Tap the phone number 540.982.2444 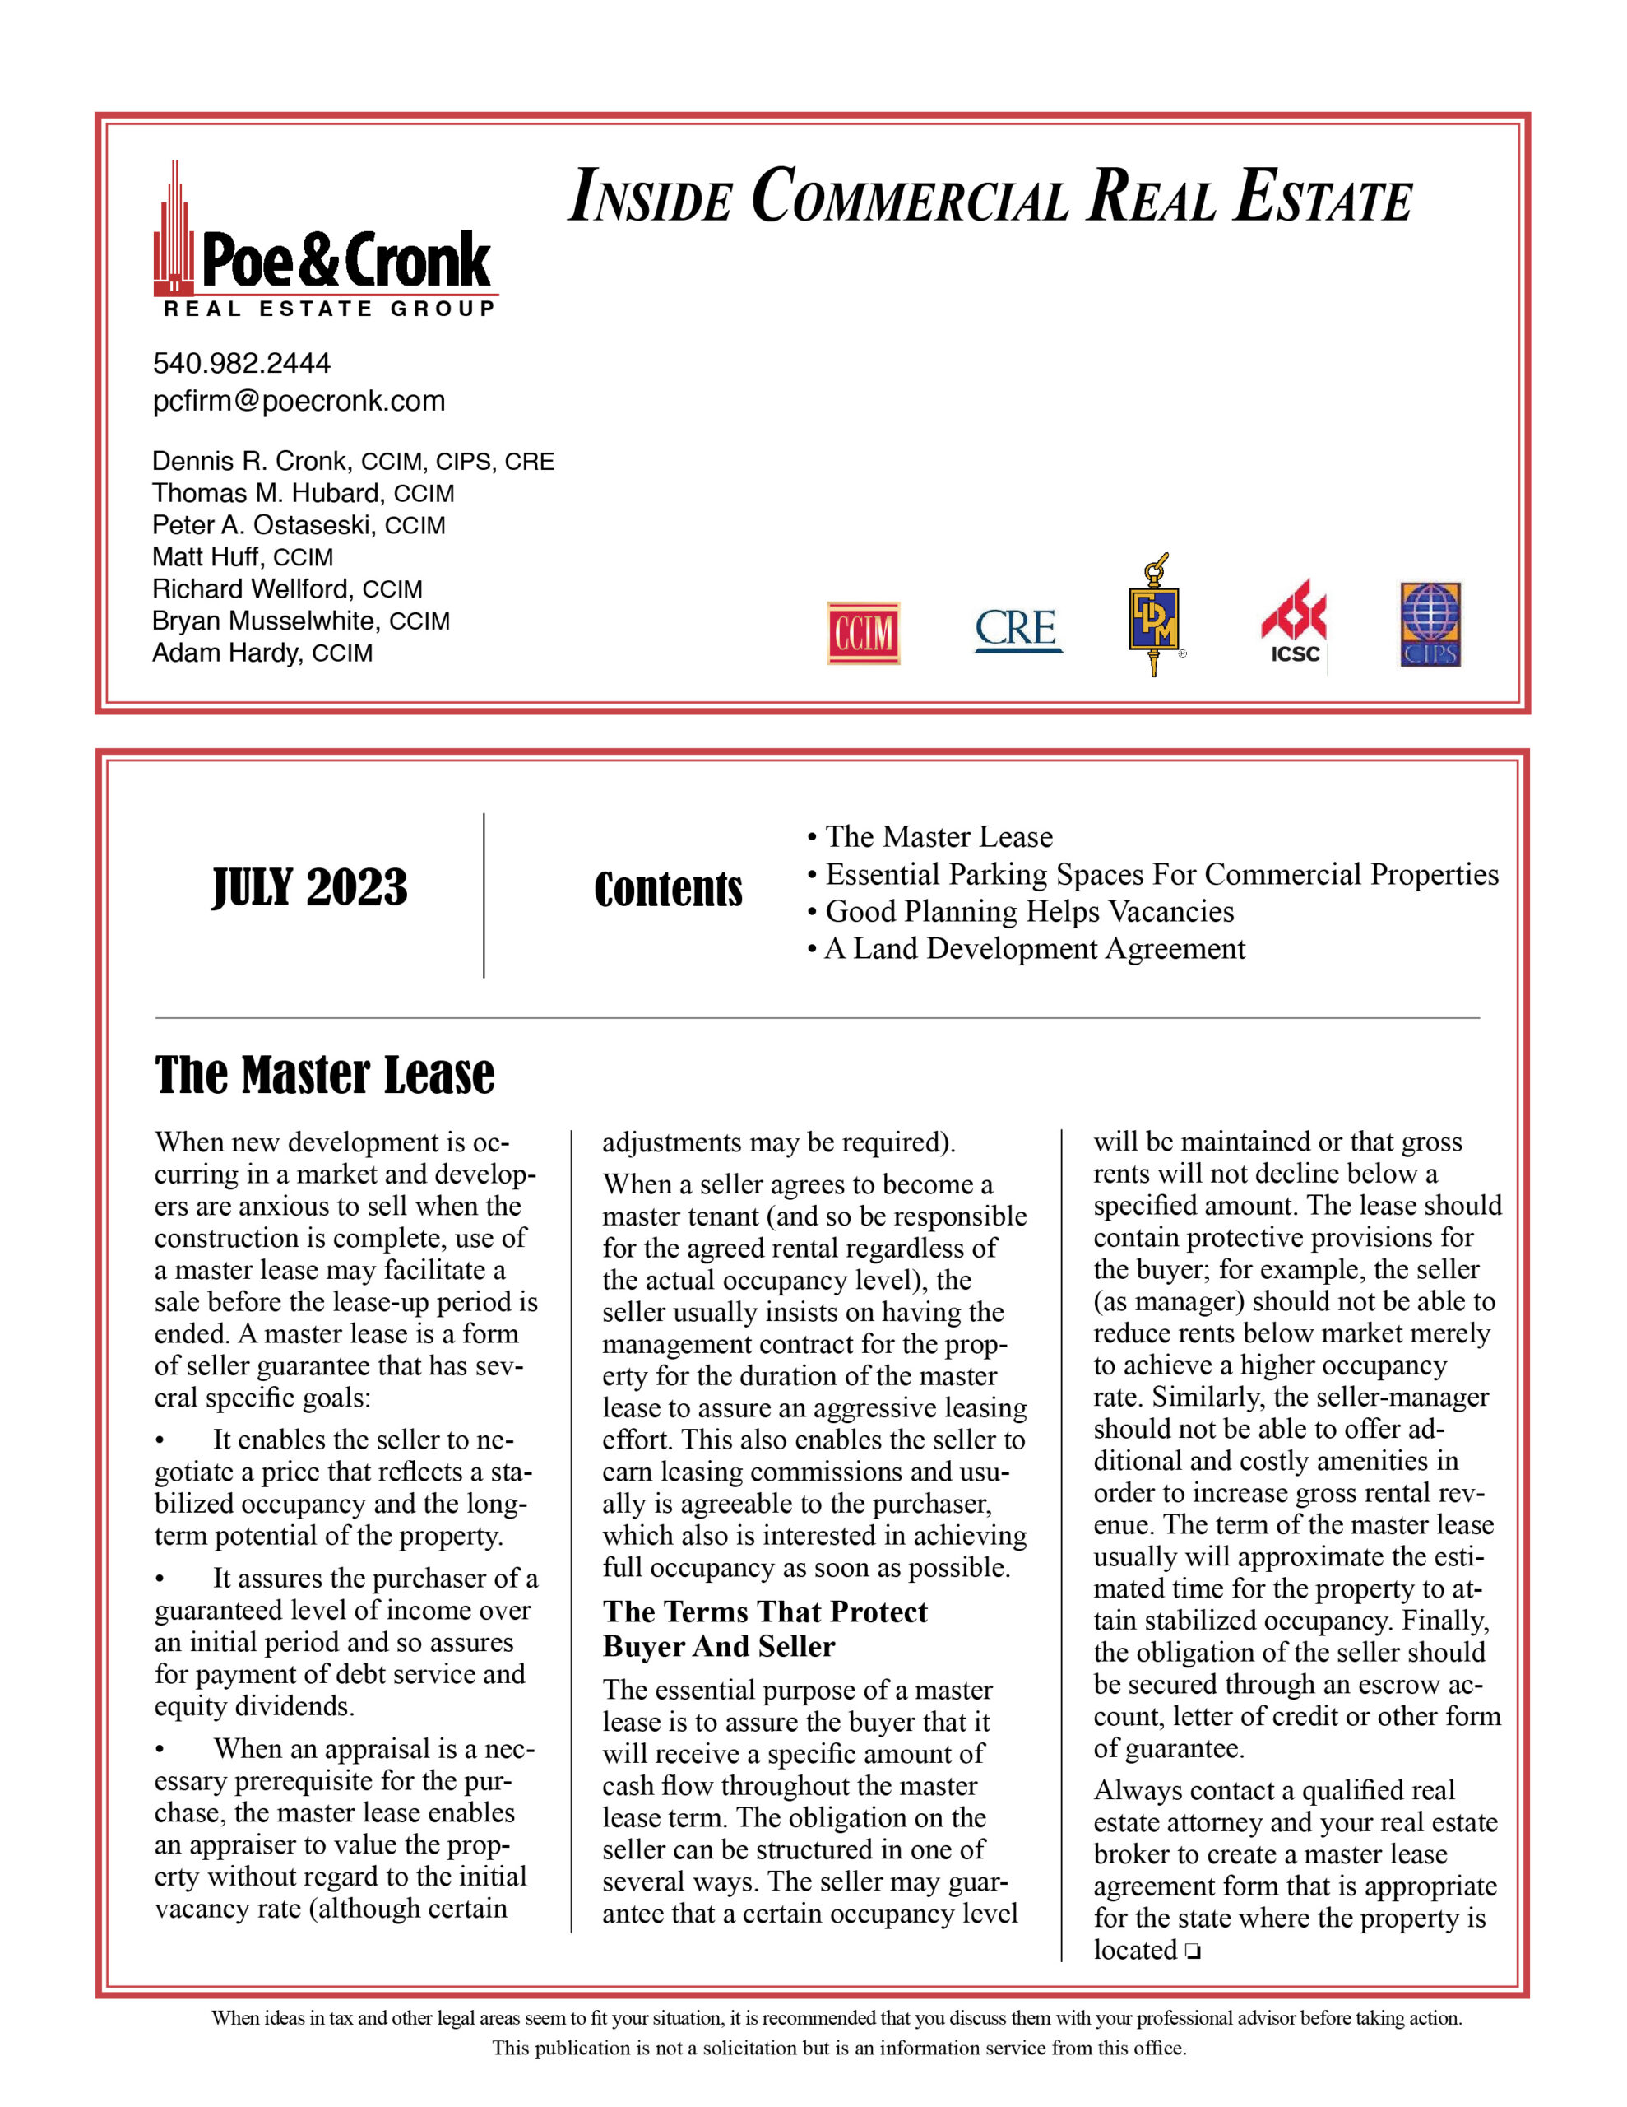(241, 364)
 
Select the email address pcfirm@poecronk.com (299, 402)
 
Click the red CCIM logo (863, 633)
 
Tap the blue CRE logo (1017, 629)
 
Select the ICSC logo (1294, 623)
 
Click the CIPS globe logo (1430, 624)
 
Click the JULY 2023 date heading (309, 887)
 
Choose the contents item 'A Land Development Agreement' (1035, 949)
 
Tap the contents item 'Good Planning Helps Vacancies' (1029, 912)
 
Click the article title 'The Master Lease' (324, 1076)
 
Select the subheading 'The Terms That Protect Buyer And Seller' (765, 1629)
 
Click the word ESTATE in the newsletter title (1323, 198)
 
